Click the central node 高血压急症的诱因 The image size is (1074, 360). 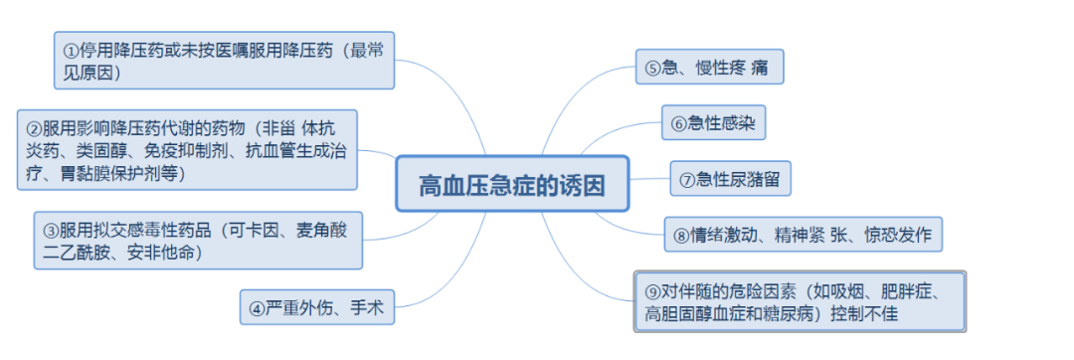[x=511, y=183]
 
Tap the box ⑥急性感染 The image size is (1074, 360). [x=713, y=123]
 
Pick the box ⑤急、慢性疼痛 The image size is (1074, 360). [x=708, y=68]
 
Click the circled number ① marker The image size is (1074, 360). [x=72, y=50]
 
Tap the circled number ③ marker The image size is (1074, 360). [x=50, y=230]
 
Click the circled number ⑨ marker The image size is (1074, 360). [x=652, y=291]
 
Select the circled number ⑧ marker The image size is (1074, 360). [x=681, y=236]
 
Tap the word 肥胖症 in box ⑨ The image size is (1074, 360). [x=905, y=291]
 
